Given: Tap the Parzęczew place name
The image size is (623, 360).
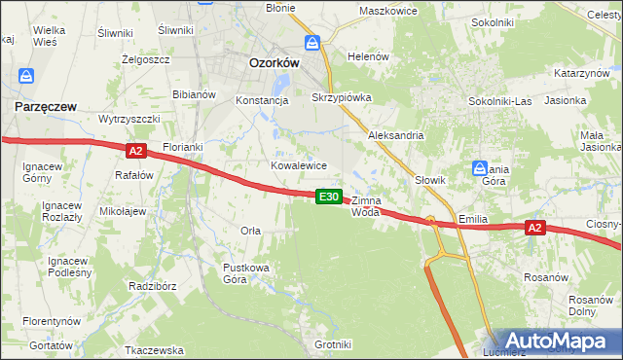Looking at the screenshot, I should pos(46,107).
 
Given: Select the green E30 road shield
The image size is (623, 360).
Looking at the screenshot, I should pos(330,197).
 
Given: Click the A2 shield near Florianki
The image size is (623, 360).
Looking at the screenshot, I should pos(135,150).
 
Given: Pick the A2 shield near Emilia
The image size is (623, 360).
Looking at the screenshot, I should pos(534,228).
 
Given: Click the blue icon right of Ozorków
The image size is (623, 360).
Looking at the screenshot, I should pos(313,44).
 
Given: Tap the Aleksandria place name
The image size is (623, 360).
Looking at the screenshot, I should pos(395,135).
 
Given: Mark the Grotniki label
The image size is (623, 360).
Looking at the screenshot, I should pos(333,344).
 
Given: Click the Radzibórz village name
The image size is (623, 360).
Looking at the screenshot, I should pos(151,286).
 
